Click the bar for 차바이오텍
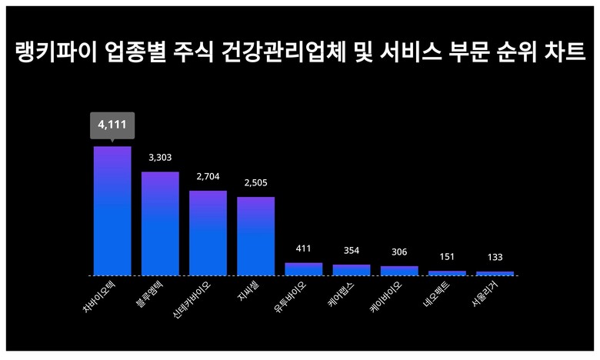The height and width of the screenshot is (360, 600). pyautogui.click(x=112, y=210)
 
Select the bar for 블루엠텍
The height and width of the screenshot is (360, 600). pyautogui.click(x=160, y=223)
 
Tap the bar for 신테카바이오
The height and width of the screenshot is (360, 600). pyautogui.click(x=208, y=232)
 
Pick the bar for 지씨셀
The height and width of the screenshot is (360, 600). pyautogui.click(x=255, y=235)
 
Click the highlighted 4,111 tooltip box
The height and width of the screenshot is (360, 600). pyautogui.click(x=112, y=124)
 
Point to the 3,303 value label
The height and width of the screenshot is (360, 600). pyautogui.click(x=160, y=158)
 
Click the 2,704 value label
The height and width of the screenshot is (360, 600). pyautogui.click(x=208, y=176)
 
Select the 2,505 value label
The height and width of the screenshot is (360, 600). pyautogui.click(x=255, y=182)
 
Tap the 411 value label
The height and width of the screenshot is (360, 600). pyautogui.click(x=303, y=248)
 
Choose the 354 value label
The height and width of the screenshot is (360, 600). pyautogui.click(x=352, y=251)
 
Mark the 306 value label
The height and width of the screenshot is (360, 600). pyautogui.click(x=399, y=252)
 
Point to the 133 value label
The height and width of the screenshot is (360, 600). pyautogui.click(x=495, y=257)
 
